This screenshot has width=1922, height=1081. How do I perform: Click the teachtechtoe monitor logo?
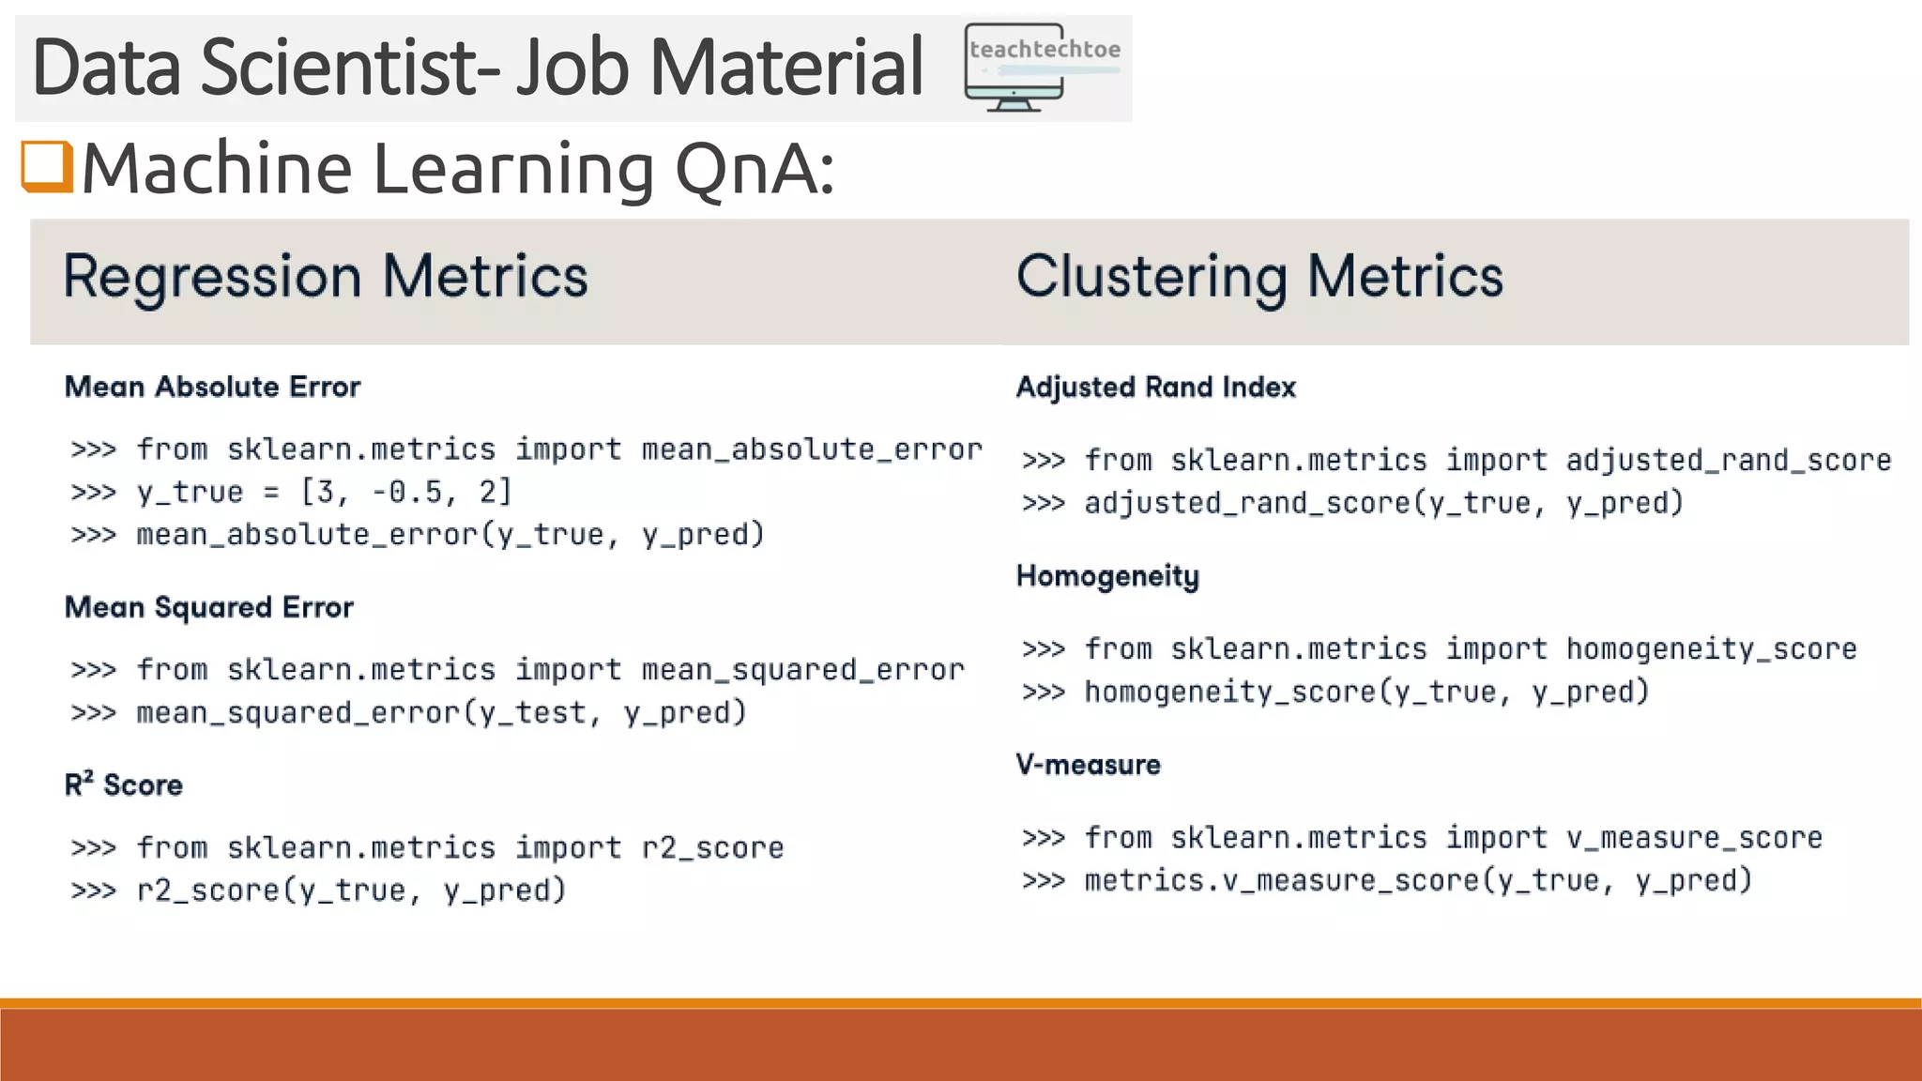tap(1043, 69)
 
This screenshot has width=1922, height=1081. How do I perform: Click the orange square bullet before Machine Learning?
tap(47, 167)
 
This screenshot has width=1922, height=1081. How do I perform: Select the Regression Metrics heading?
tap(325, 277)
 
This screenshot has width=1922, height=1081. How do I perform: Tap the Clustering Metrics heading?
tap(1258, 277)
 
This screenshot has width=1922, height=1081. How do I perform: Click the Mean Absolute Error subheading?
tap(212, 387)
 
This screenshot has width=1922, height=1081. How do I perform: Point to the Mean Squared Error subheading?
tap(208, 607)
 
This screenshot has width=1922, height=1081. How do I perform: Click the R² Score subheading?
tap(123, 784)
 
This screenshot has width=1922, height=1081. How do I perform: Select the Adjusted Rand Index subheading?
tap(1155, 387)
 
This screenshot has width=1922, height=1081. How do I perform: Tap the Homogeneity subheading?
tap(1107, 576)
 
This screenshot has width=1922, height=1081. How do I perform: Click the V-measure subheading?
tap(1088, 765)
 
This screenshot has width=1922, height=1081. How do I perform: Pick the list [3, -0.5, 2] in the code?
tap(405, 492)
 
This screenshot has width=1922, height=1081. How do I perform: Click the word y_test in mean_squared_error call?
tap(532, 713)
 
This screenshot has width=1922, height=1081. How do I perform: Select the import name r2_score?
tap(712, 848)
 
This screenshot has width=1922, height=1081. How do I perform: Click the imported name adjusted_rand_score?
tap(1728, 461)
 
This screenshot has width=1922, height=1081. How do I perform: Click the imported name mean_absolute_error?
tap(811, 449)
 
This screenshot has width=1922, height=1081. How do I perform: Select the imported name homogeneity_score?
tap(1711, 649)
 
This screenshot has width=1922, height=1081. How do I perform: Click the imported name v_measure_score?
tap(1694, 838)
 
